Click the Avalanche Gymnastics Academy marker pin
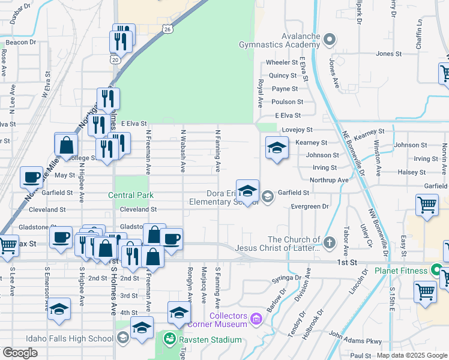pos(329,41)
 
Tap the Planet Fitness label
pos(402,271)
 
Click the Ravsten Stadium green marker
pos(172,340)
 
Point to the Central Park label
pos(131,195)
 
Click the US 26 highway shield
pos(167,29)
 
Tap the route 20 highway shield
pos(115,59)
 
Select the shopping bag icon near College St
pos(66,145)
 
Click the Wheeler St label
pos(282,62)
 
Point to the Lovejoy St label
pos(297,130)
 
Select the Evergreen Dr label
pos(310,206)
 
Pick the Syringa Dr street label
pos(285,278)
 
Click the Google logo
pos(20,352)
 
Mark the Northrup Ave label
pos(328,180)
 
